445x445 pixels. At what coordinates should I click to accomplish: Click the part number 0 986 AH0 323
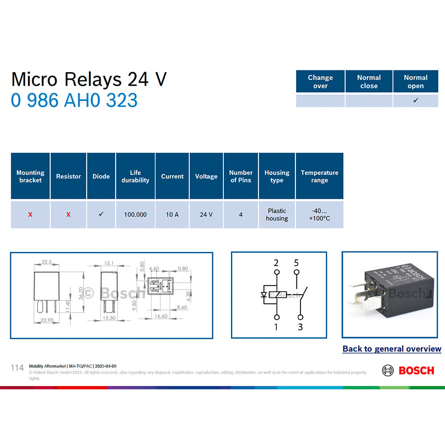coord(74,101)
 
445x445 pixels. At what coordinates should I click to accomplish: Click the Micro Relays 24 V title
coord(89,79)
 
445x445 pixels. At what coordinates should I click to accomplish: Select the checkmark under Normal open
coord(416,101)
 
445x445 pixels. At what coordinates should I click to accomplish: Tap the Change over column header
coord(320,81)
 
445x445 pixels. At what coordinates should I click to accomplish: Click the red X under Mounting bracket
coord(30,214)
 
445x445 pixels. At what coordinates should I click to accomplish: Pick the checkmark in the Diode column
coord(101,214)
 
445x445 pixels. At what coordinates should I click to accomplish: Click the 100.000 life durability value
coord(135,214)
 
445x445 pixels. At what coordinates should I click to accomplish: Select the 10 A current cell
coord(172,214)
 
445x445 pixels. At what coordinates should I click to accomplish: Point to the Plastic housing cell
coord(277,214)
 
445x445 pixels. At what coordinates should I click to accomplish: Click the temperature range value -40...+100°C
coord(320,214)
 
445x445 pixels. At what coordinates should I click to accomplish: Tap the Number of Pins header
coord(241,176)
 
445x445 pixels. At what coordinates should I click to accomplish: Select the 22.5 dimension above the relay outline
coord(47,262)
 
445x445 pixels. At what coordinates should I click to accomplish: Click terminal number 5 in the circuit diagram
coord(296,263)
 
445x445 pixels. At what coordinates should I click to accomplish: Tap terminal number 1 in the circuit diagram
coord(276,327)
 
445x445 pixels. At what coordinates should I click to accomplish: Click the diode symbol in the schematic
coord(264,295)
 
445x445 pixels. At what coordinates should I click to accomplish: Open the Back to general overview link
coord(392,349)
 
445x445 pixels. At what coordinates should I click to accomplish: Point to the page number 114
coord(17,368)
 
